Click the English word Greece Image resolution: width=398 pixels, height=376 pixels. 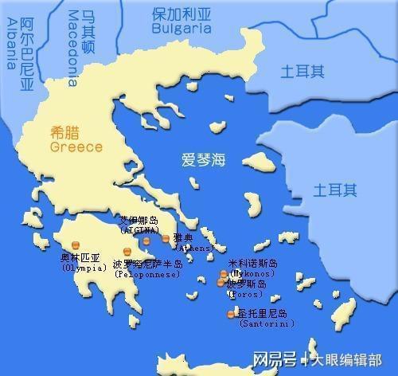tap(76, 147)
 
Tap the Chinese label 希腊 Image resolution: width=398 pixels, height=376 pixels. tap(65, 134)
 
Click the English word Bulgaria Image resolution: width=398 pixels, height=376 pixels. tap(182, 27)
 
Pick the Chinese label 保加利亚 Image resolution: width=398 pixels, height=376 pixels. tap(182, 14)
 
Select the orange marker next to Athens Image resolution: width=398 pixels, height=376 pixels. tap(166, 238)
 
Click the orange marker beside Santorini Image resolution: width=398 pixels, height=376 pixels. tap(231, 314)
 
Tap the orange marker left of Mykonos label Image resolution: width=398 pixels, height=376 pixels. tap(224, 275)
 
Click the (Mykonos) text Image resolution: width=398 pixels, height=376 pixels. tap(252, 273)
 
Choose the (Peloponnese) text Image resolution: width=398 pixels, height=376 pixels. tap(146, 274)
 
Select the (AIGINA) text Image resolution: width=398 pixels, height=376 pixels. tap(142, 230)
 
